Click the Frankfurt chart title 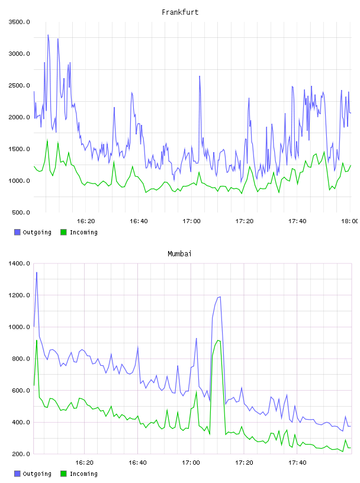click(180, 12)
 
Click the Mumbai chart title click(179, 254)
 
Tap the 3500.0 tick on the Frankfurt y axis click(19, 22)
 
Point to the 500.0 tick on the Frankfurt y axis click(21, 212)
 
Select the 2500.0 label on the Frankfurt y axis click(19, 85)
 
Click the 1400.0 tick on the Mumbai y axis click(19, 263)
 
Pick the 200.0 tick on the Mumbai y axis click(21, 454)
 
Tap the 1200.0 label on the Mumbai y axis click(19, 295)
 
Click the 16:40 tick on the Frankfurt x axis click(139, 221)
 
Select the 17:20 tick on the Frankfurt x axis click(245, 221)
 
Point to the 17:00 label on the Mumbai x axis click(191, 463)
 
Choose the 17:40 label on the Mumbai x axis click(297, 463)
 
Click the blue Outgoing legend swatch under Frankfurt click(17, 232)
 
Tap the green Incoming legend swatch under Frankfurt click(63, 232)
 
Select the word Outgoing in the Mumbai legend click(37, 474)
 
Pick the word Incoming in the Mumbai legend click(83, 474)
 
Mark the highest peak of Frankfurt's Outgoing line click(48, 35)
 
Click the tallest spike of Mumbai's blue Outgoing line click(37, 272)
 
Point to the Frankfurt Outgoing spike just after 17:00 click(200, 76)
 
